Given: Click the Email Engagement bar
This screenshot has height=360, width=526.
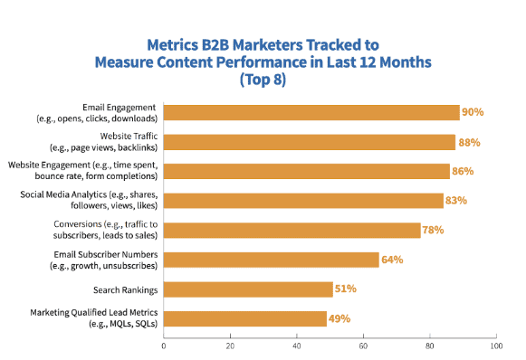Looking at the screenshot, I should [311, 112].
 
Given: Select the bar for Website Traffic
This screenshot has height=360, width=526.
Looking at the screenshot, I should [309, 142].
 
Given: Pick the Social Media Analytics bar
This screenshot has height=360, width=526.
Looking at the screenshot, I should [302, 201].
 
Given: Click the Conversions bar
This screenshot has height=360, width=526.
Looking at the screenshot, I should [292, 230].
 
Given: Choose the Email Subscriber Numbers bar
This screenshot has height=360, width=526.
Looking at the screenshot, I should [271, 260].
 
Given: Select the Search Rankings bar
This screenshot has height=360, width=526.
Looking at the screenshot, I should [248, 289].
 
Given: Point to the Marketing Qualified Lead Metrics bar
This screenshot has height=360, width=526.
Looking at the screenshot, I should [244, 318].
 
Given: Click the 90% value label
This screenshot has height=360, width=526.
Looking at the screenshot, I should [473, 112].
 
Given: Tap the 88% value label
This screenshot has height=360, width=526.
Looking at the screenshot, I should [469, 142].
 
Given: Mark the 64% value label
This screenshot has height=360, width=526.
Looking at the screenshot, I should [392, 260].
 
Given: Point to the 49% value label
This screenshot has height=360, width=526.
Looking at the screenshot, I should [340, 318].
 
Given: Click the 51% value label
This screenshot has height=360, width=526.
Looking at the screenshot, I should [346, 289].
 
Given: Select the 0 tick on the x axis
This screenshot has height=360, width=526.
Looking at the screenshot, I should [164, 346].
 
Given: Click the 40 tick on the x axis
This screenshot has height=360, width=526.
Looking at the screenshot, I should [296, 346].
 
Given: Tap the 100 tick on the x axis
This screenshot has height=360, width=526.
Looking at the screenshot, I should [494, 346].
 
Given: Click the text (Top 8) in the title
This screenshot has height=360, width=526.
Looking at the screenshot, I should [263, 80].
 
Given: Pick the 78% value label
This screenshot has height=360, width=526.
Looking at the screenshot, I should [433, 230].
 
